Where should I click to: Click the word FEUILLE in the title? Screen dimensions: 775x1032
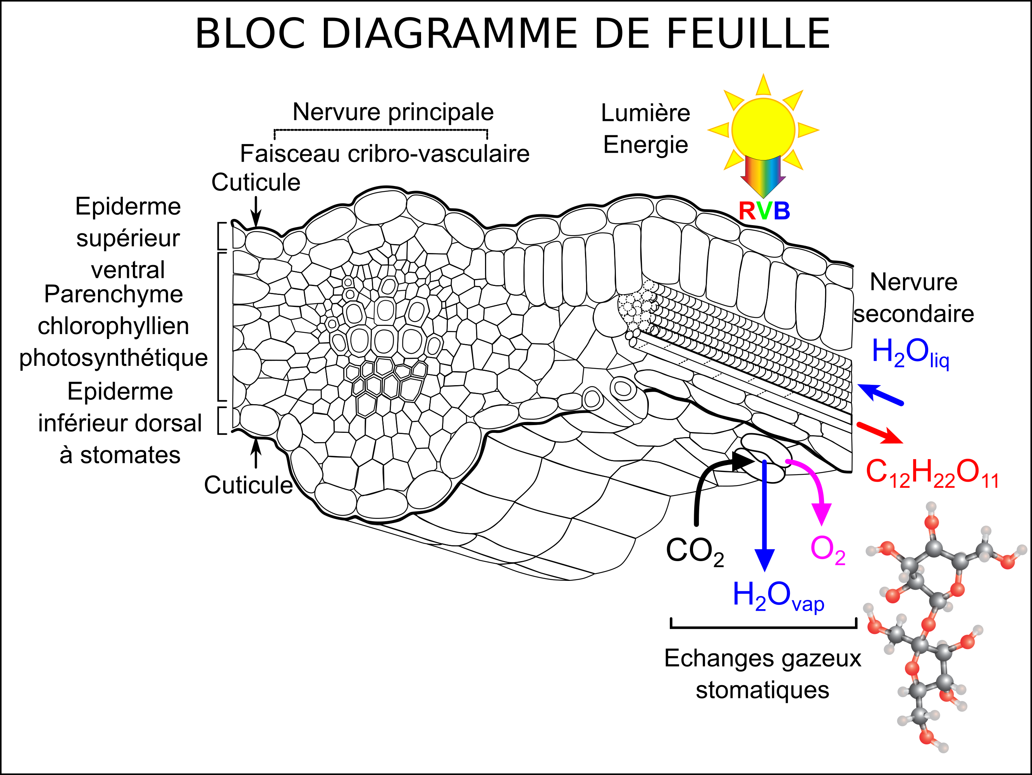[748, 34]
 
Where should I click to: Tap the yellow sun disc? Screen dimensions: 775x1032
[763, 129]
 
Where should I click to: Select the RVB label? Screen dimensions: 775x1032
[764, 211]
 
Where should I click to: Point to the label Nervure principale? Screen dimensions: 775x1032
[393, 112]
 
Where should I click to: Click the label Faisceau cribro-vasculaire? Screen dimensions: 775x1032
[384, 153]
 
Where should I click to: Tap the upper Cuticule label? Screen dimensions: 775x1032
[256, 182]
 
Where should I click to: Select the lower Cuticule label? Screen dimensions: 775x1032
[248, 485]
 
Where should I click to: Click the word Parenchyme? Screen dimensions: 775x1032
[114, 294]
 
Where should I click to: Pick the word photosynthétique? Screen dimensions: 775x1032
[114, 358]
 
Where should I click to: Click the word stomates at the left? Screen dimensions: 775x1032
[130, 455]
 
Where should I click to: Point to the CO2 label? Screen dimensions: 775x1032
[695, 551]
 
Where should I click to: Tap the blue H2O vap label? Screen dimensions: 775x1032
[778, 596]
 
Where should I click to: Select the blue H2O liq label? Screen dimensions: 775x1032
[910, 353]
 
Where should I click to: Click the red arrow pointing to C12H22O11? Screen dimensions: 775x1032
[879, 432]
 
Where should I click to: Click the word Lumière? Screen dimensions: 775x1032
[645, 113]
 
